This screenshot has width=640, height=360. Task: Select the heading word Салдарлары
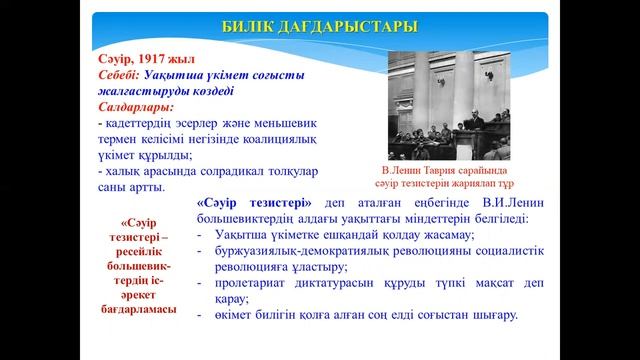pos(135,105)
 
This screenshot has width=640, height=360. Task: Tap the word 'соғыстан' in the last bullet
pos(447,315)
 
